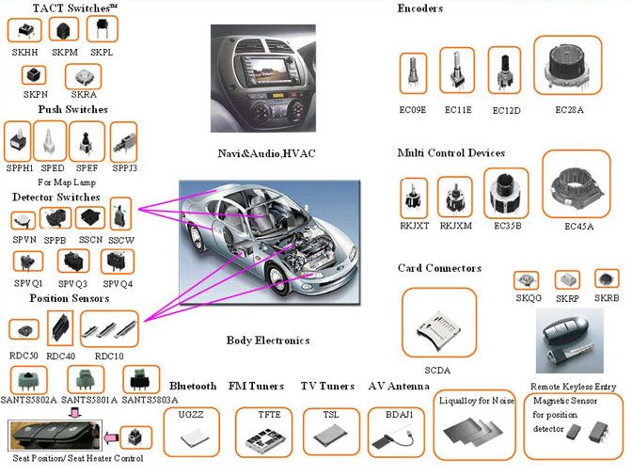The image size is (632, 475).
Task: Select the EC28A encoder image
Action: pyautogui.click(x=568, y=67)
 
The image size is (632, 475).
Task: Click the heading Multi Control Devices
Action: pyautogui.click(x=450, y=153)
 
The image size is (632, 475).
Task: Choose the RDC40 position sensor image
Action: pyautogui.click(x=61, y=327)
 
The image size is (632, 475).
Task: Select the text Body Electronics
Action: pyautogui.click(x=268, y=340)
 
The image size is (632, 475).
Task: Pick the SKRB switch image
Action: pyautogui.click(x=607, y=279)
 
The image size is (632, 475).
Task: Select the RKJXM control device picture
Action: pyautogui.click(x=457, y=197)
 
